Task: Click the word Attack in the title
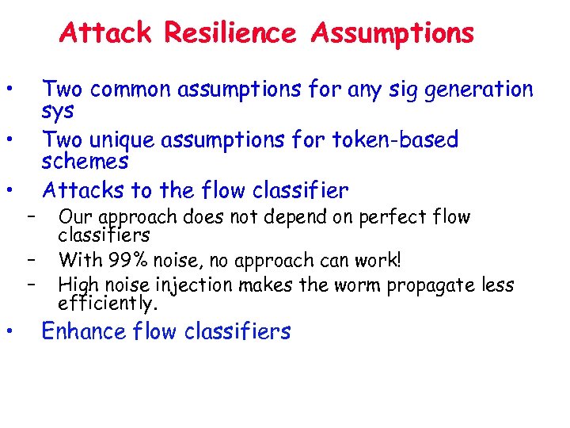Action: tap(107, 33)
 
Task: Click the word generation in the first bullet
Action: tap(479, 90)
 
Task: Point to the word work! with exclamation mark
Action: tap(378, 260)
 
